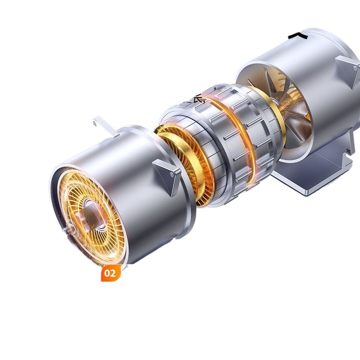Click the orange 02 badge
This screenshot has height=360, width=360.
pyautogui.click(x=111, y=273)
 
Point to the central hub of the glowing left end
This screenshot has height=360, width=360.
pyautogui.click(x=92, y=211)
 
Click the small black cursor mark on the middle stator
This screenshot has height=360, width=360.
pyautogui.click(x=198, y=99)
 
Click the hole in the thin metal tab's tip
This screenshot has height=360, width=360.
pyautogui.click(x=95, y=120)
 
